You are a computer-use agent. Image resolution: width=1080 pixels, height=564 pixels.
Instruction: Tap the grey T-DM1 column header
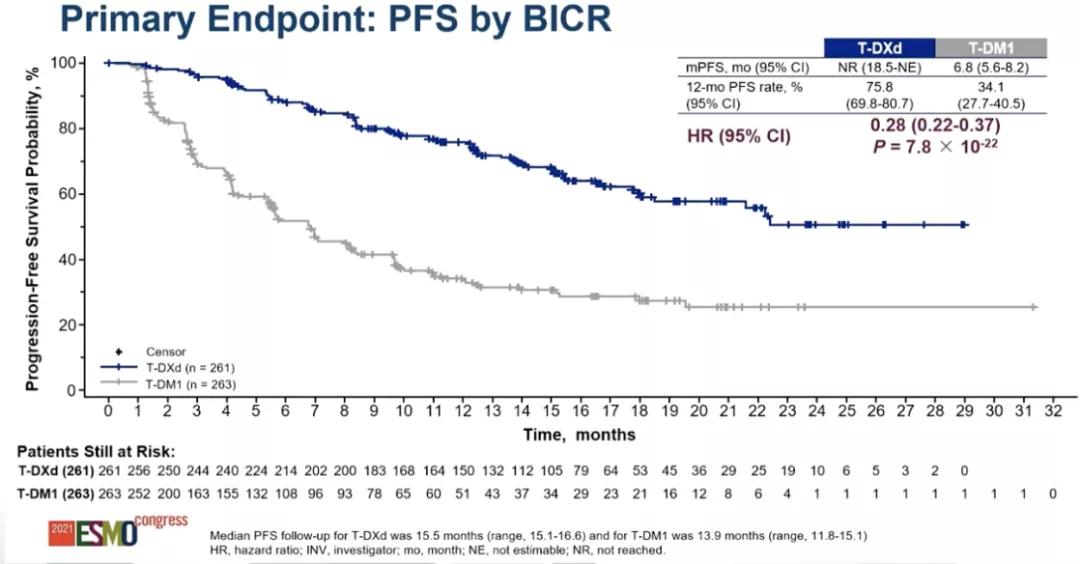click(991, 47)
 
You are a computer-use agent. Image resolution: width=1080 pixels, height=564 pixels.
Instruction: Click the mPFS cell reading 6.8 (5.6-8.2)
click(991, 67)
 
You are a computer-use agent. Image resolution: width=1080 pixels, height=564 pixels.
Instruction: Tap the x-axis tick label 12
click(462, 411)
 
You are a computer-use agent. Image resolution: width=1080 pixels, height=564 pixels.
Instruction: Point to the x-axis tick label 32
click(1052, 411)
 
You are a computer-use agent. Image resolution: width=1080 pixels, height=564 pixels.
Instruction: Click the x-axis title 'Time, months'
click(580, 435)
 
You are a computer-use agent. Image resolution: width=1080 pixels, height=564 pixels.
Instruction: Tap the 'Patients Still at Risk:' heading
click(96, 452)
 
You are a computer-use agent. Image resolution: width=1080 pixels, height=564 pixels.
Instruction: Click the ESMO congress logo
click(116, 530)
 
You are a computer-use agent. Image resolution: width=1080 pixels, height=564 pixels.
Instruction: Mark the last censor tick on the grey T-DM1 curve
click(1033, 307)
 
